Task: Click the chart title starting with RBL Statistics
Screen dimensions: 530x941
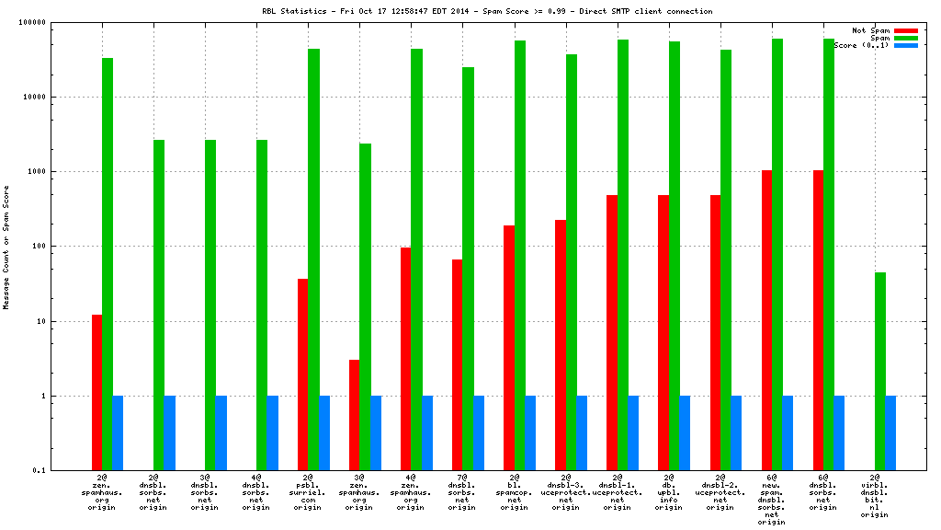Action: click(x=487, y=11)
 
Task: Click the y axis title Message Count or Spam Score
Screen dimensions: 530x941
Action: click(x=6, y=247)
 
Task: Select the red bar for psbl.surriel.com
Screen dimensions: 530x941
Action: click(x=302, y=374)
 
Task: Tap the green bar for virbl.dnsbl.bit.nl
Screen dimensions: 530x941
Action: click(x=880, y=371)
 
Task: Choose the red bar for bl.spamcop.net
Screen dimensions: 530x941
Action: click(x=508, y=348)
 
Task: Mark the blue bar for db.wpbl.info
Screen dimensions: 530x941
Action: click(x=685, y=433)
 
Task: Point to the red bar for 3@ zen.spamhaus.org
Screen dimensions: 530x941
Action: click(x=354, y=415)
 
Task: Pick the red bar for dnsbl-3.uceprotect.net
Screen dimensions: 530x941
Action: click(x=560, y=345)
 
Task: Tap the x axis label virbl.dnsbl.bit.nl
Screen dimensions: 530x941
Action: click(x=875, y=497)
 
